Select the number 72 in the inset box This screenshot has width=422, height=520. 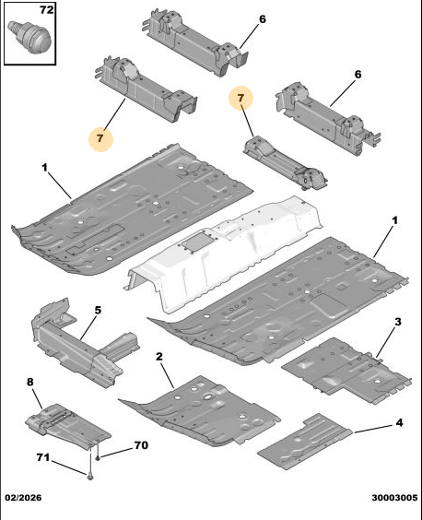coord(46,10)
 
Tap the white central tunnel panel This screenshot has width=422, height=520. coord(223,254)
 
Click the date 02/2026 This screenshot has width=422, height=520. coord(23,498)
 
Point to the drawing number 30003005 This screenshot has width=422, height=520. coord(394,498)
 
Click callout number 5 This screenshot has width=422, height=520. coord(98,311)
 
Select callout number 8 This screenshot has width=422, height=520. coord(30,382)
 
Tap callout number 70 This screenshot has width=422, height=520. coord(141,445)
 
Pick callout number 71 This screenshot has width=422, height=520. coord(43,457)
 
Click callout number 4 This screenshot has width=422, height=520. coord(400,423)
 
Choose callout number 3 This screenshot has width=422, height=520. coord(398,322)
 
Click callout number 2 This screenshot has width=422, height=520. coord(159,357)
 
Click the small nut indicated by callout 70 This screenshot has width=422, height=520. coord(98,458)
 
